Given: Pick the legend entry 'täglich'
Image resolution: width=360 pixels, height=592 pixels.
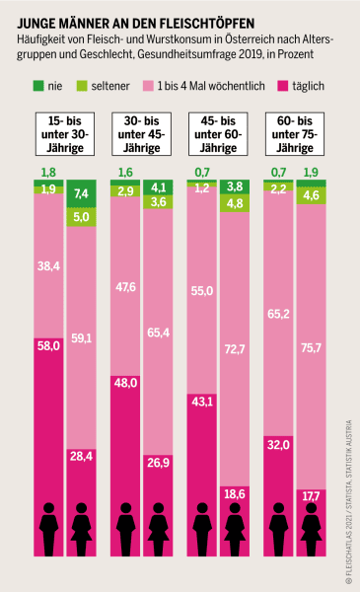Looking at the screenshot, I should (x=306, y=86).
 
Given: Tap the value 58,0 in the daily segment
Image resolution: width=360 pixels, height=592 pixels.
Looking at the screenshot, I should (x=45, y=346).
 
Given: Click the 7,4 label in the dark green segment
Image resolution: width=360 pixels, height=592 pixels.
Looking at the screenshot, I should (x=80, y=193).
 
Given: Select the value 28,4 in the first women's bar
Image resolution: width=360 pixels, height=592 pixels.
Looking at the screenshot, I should (x=80, y=455).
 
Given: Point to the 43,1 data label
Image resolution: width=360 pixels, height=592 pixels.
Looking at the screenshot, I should (x=201, y=403).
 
